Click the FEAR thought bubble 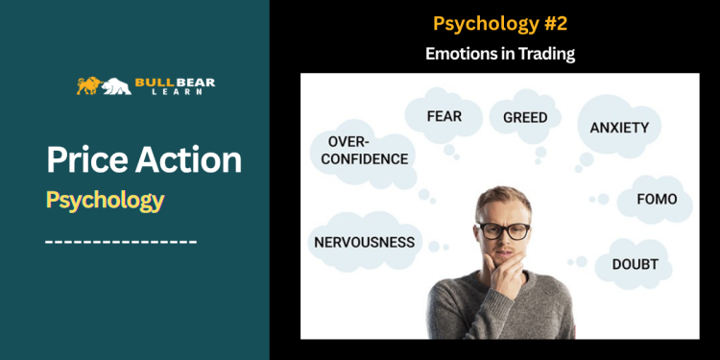pos(444,117)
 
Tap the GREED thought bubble pos(525,118)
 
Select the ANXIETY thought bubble pos(619,127)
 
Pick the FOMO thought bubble pos(657,200)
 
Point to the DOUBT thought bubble pos(635,263)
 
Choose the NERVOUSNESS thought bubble pos(365,242)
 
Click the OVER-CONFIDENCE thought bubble pos(360,149)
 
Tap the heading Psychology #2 pos(499,22)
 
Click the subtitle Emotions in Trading pos(499,54)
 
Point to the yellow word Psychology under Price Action pos(105,200)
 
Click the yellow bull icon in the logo pos(89,85)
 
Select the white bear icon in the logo pos(117,86)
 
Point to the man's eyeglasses pos(504,230)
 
